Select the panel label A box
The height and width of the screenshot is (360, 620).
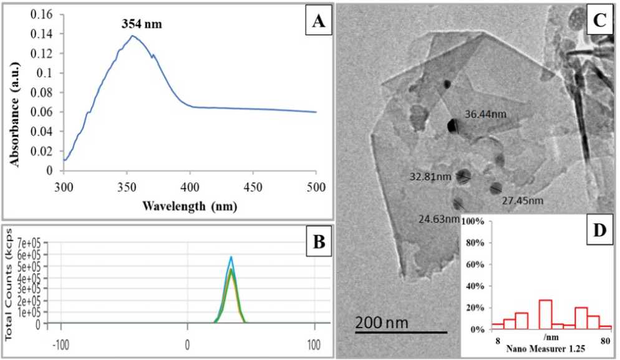click(x=318, y=23)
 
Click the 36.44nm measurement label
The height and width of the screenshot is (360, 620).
click(x=485, y=114)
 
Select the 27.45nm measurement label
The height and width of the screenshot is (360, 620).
click(x=523, y=201)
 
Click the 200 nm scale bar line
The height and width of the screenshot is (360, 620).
click(x=401, y=332)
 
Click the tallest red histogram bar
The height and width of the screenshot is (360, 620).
click(x=545, y=314)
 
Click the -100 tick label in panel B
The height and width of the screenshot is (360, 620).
click(x=61, y=344)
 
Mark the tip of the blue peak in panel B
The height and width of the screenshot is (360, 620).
click(x=231, y=256)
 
